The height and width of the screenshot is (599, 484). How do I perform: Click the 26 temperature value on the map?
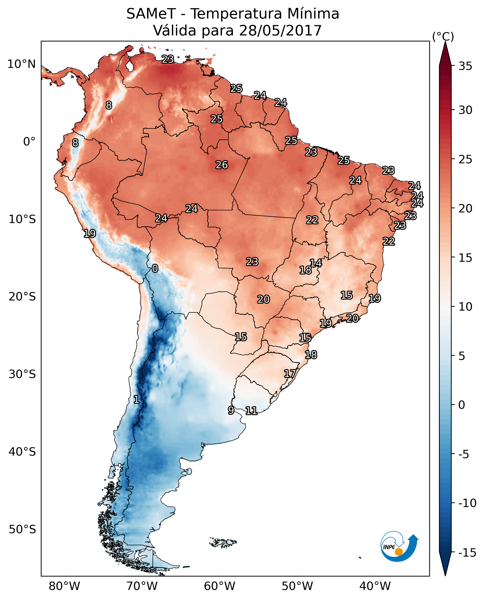(222, 165)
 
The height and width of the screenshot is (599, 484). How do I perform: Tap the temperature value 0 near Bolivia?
(155, 269)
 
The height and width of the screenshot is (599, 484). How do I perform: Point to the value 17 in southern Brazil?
(290, 374)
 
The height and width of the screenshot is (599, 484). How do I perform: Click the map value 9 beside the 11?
(231, 410)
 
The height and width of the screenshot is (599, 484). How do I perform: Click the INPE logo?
(399, 548)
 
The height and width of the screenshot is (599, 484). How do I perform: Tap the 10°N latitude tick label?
(22, 64)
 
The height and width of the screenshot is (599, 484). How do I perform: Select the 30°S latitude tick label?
(22, 374)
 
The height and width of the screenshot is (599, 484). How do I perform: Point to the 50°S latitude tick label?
(22, 530)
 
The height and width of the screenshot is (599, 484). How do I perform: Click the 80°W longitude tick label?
(65, 586)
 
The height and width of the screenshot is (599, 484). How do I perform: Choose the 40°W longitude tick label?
(375, 586)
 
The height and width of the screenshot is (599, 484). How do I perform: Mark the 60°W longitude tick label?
(220, 586)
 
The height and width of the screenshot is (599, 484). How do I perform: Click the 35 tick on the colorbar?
(465, 66)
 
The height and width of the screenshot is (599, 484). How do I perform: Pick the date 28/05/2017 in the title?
(280, 31)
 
